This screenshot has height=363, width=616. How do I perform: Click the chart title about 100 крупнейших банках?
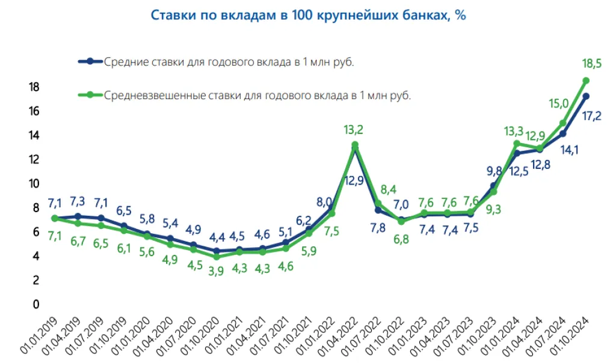coord(308,15)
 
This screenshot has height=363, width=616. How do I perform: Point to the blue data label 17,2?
coord(593,117)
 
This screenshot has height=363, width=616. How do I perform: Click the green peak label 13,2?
coord(354,129)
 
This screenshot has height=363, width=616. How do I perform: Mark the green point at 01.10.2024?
coord(586,81)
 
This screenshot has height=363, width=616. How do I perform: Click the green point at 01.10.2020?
coord(217,257)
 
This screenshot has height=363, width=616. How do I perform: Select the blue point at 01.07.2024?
coord(563,133)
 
